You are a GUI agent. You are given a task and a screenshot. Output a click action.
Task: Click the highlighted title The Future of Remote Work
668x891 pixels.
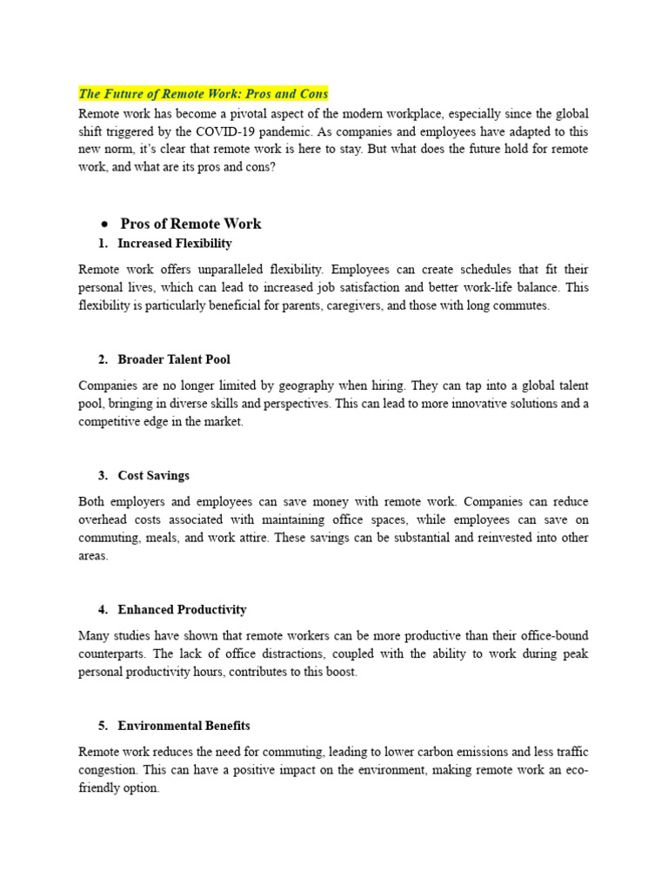click(203, 93)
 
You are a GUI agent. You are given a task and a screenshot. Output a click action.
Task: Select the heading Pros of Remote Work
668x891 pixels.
click(190, 224)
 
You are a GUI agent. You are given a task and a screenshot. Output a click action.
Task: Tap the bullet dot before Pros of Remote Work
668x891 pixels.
click(103, 224)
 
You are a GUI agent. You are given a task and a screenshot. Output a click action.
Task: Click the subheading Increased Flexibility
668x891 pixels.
click(175, 244)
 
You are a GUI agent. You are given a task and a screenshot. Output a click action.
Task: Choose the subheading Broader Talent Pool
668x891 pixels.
click(174, 359)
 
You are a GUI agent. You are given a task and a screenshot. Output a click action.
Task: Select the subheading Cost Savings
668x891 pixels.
click(153, 476)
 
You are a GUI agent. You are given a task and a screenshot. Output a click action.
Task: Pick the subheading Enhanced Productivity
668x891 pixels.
click(182, 610)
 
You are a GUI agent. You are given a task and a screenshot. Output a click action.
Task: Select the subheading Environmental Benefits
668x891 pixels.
click(184, 726)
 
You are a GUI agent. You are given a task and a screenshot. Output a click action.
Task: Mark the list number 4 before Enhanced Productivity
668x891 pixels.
click(103, 610)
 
